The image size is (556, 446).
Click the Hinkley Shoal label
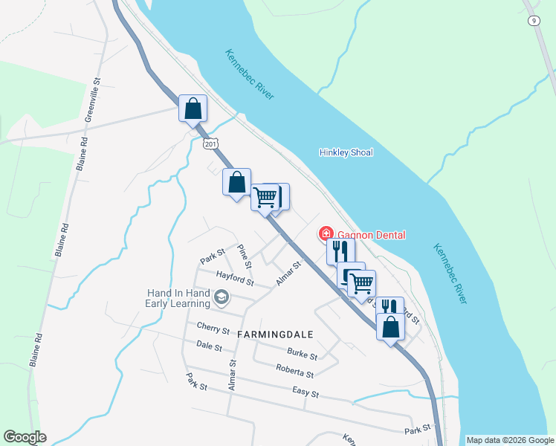346,152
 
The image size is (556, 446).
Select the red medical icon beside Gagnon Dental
326,234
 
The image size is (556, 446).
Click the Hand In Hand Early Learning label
178,297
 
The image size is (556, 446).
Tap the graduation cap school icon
221,298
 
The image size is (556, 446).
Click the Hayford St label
235,279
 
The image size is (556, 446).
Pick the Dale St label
210,346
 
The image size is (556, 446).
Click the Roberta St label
295,370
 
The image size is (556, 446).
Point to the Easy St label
306,393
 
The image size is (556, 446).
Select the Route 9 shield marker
534,20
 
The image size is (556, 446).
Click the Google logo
25,437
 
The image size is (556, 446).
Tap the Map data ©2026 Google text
510,440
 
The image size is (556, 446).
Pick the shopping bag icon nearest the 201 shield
193,109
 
